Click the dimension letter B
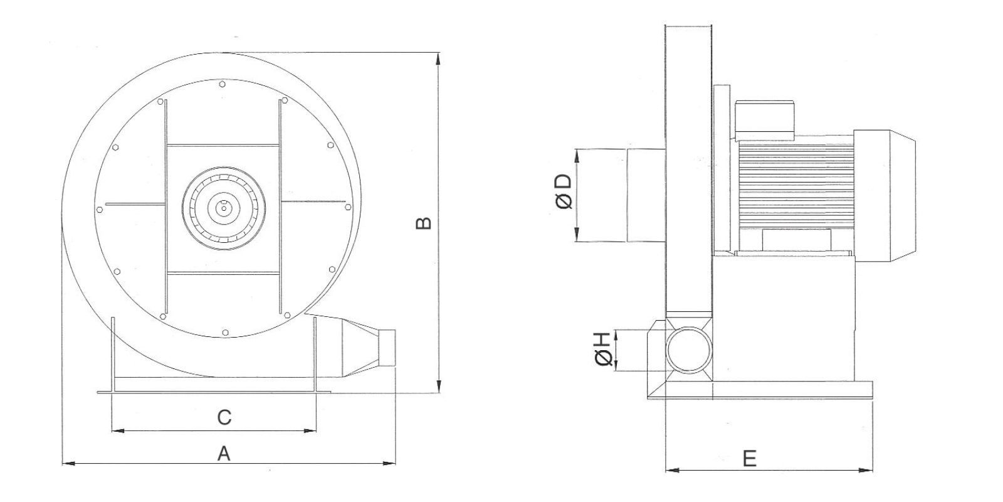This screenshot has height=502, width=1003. [x=423, y=223]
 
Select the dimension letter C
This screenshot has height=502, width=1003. [x=224, y=417]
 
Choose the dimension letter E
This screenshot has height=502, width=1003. [x=750, y=459]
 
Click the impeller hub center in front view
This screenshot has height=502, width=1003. [x=223, y=208]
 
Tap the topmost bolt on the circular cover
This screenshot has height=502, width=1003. [x=223, y=84]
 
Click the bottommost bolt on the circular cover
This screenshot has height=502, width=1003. [x=225, y=332]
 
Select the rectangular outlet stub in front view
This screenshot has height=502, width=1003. [x=387, y=348]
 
